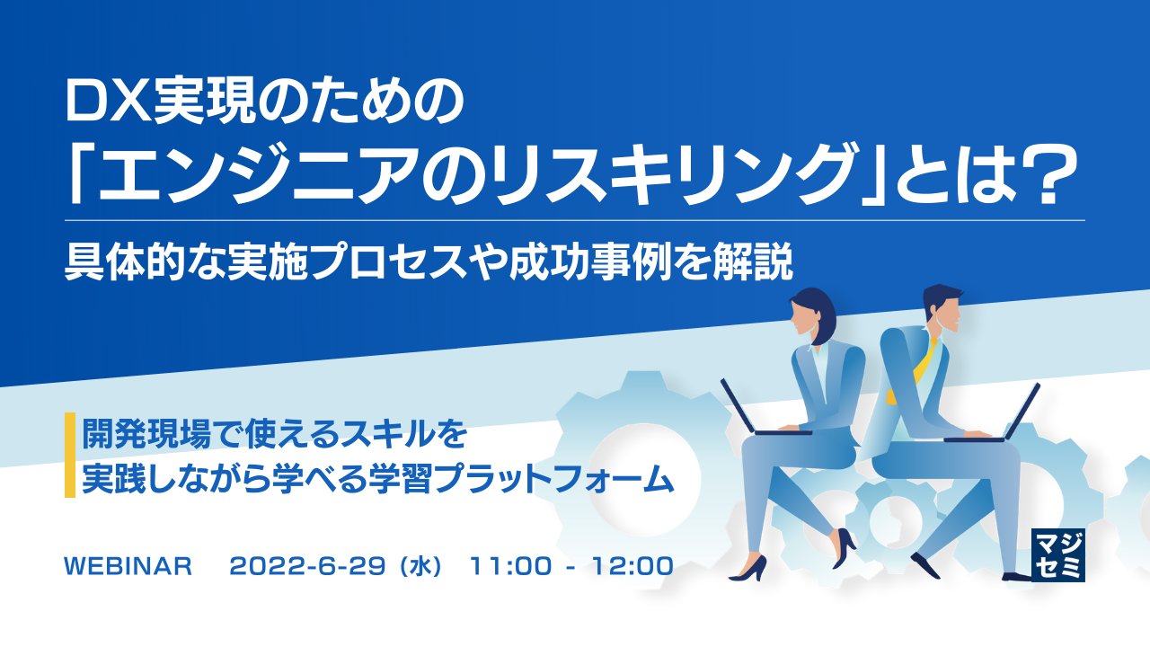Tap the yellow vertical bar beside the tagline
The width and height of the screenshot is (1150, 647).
coord(69,455)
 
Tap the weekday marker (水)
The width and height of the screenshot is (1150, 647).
coord(420,567)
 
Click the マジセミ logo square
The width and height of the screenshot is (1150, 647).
coord(1058,554)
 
